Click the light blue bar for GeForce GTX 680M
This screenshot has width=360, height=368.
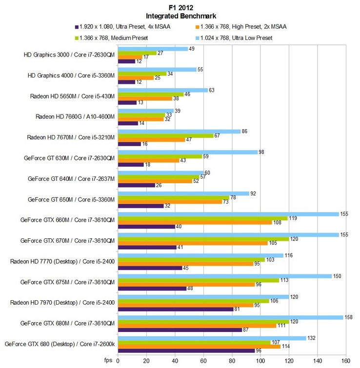pos(230,317)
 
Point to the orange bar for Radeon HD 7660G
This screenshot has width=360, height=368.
pos(140,119)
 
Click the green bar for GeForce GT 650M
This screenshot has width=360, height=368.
pos(173,197)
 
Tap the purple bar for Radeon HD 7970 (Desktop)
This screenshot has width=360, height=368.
pos(176,309)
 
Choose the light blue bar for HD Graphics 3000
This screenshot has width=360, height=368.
pos(153,49)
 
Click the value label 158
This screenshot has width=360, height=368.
pos(349,317)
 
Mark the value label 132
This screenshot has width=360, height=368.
pos(312,337)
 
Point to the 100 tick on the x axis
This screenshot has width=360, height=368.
pos(260,361)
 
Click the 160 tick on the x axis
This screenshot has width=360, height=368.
pos(345,361)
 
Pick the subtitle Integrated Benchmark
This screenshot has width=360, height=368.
pos(180,15)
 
